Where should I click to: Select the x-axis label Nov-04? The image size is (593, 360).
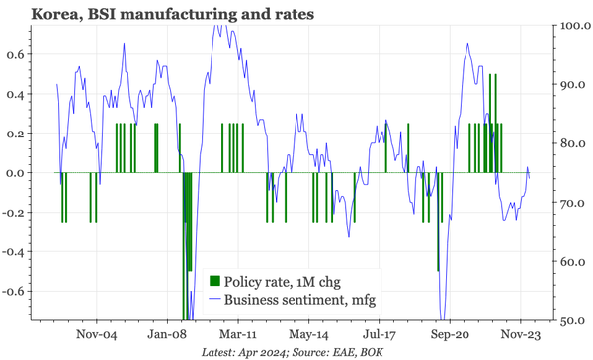coord(99,334)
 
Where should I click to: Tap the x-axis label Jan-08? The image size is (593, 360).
coord(168,334)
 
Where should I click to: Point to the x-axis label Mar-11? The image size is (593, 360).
coord(238,334)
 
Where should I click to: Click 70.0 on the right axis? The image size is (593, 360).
coord(572,203)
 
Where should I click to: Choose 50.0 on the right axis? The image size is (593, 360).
coord(572,321)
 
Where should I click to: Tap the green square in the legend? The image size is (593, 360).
coord(215,281)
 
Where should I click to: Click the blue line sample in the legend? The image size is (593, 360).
coord(215,300)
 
